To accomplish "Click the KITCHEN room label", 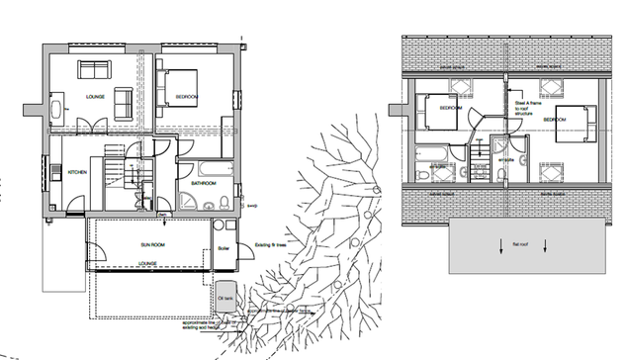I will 78,172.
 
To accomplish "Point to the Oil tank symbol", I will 224,297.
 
